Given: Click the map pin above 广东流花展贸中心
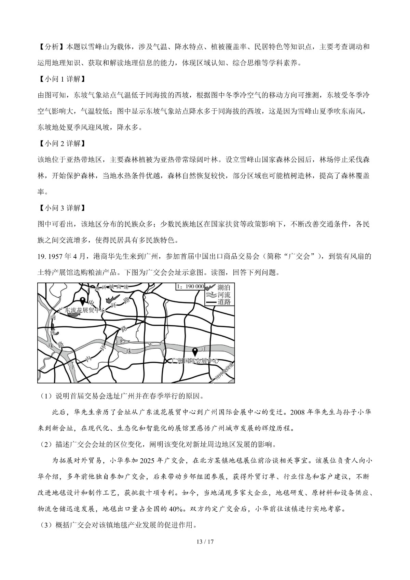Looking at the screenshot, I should [x=82, y=301].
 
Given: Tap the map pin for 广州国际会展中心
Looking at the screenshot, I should [x=195, y=351].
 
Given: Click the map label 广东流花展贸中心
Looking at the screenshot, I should [x=82, y=310].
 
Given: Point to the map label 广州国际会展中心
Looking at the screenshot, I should [x=195, y=361].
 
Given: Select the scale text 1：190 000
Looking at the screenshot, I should [x=190, y=286].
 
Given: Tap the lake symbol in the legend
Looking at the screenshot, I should [x=211, y=288].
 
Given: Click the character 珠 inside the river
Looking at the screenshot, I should [x=129, y=351].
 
